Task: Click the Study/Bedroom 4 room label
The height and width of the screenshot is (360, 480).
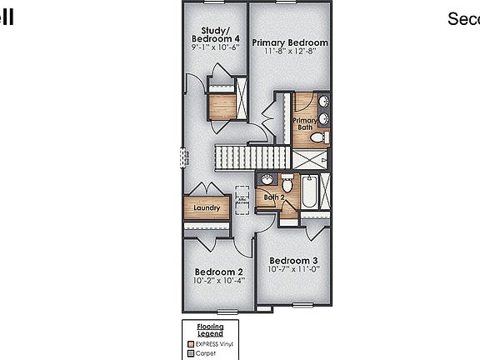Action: pos(215,34)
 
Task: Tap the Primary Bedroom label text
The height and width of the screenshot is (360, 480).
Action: pos(290,42)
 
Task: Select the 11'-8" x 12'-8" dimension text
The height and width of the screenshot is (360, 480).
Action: pos(290,52)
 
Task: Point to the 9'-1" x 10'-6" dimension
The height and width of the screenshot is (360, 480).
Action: pos(215,47)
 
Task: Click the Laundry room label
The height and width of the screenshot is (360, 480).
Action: pos(206,208)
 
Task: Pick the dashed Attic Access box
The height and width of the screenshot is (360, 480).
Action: pos(242,199)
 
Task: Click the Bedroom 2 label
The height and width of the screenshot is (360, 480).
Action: pos(218,272)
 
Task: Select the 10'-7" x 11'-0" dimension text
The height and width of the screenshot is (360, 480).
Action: pos(292,270)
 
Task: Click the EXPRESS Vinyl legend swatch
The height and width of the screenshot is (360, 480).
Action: pos(190,342)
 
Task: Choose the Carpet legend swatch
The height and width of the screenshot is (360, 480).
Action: pos(190,352)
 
